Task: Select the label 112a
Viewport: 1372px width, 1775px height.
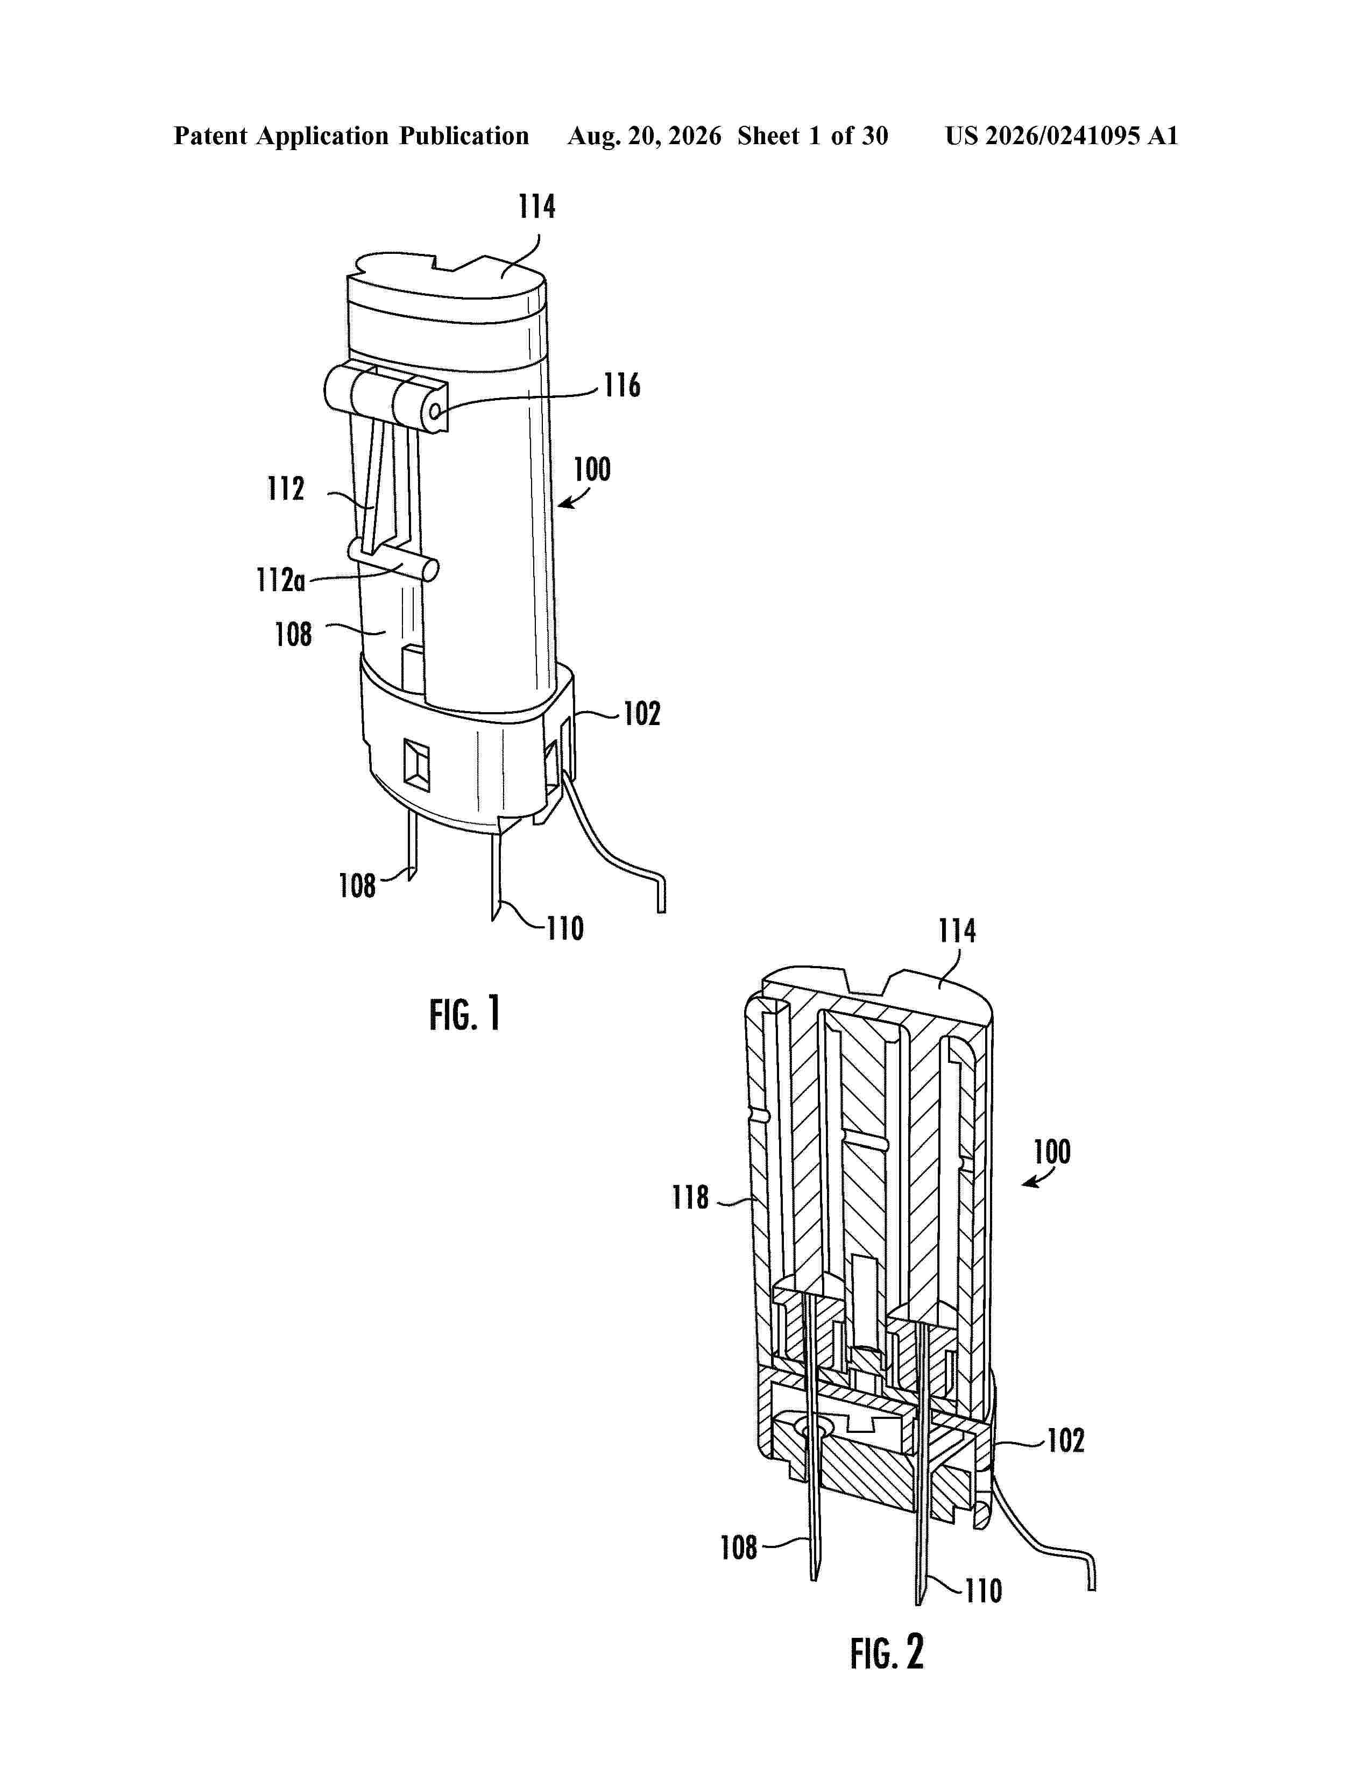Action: [280, 580]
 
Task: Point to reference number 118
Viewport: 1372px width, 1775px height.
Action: [690, 1197]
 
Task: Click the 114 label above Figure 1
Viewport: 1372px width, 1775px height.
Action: [538, 207]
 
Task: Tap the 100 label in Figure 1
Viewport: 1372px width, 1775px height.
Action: [592, 469]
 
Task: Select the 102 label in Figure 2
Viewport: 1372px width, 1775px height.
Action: [1065, 1441]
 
